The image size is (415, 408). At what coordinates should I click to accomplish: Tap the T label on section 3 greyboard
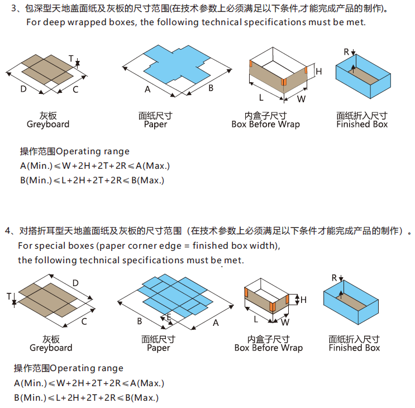71,58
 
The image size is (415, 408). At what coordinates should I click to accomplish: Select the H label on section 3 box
319,72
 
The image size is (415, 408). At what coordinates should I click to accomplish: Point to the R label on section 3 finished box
346,51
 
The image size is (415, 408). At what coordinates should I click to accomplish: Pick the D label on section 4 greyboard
75,283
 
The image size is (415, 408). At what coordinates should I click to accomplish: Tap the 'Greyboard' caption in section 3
48,124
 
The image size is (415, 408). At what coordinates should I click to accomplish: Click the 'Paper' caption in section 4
159,348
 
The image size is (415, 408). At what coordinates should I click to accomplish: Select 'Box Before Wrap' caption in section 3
265,124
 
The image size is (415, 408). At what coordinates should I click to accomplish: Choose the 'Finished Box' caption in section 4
354,348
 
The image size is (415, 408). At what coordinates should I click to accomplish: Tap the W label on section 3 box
301,99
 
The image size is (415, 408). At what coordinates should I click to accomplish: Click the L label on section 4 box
256,319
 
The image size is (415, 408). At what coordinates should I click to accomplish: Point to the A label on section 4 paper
216,322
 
